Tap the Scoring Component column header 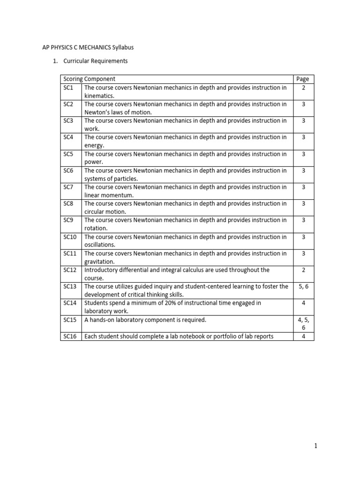pos(89,79)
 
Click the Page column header pos(303,79)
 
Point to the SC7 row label pos(68,187)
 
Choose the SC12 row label pos(69,270)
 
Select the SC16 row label pos(69,336)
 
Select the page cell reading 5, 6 pos(303,286)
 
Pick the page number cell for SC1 pos(303,88)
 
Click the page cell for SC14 pos(303,303)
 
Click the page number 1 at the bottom pos(316,446)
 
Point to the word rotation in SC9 pos(96,228)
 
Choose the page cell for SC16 pos(303,336)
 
